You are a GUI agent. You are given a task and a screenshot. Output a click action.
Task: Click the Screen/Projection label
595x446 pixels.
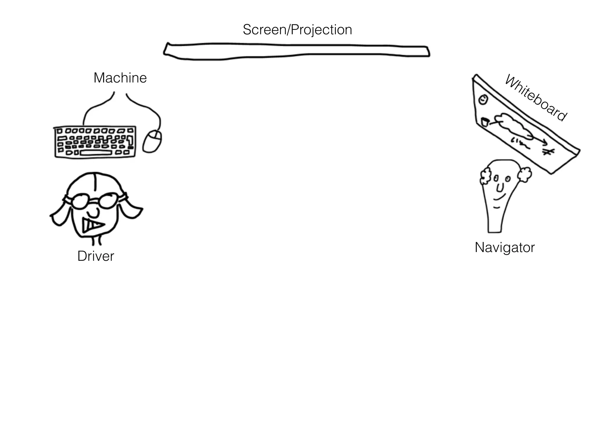[297, 30]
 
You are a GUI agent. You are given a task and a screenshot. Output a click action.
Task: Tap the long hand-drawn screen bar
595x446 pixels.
[296, 51]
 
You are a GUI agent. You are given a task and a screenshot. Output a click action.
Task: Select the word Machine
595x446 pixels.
[120, 78]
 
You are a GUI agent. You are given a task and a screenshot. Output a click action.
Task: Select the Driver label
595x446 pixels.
[96, 256]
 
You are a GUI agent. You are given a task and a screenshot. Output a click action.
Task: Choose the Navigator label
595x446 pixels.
[505, 247]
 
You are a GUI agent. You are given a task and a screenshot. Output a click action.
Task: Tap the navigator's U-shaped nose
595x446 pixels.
[500, 188]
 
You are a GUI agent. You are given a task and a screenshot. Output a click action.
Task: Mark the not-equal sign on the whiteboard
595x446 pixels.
[548, 152]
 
